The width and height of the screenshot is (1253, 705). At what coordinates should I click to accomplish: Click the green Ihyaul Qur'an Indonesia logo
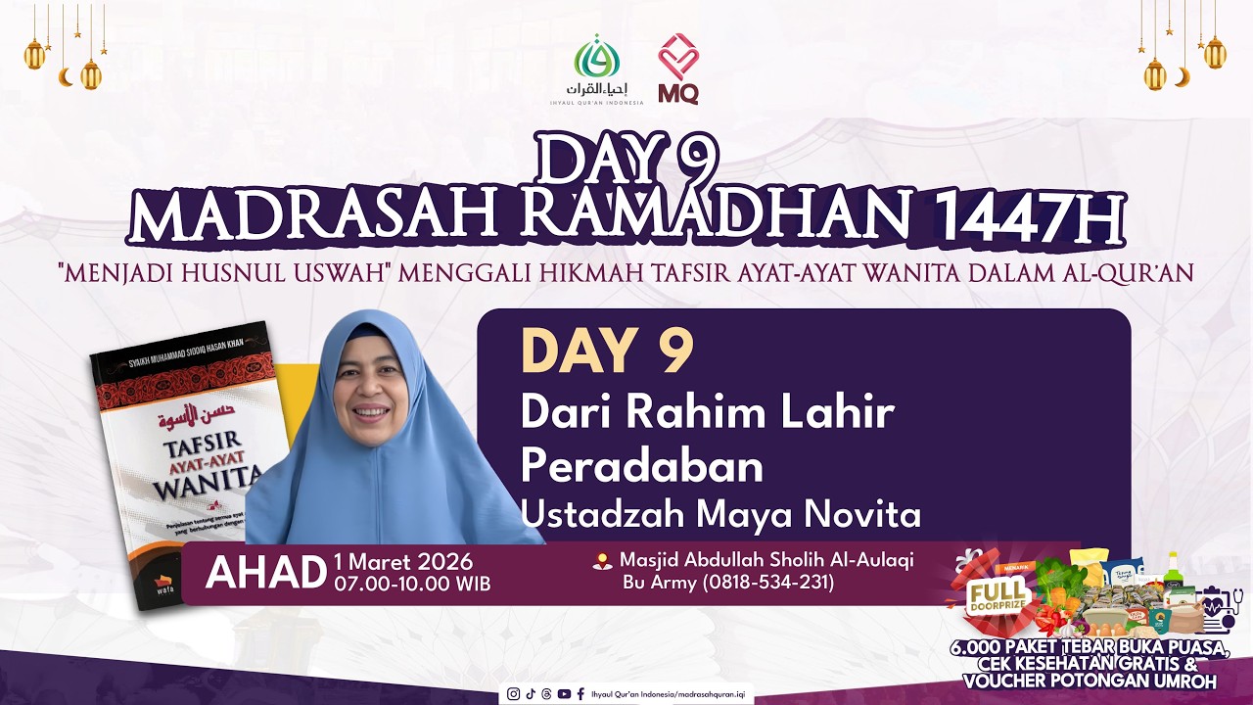pyautogui.click(x=596, y=61)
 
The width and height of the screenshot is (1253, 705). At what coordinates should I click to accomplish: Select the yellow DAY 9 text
pyautogui.click(x=607, y=352)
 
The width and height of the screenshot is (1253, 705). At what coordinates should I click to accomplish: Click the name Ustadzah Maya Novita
pyautogui.click(x=720, y=513)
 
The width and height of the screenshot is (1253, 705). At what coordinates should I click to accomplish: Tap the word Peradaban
pyautogui.click(x=641, y=466)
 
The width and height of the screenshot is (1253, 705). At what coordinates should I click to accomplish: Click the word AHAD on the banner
pyautogui.click(x=265, y=573)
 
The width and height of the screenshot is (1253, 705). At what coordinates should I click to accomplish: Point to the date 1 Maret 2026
pyautogui.click(x=403, y=563)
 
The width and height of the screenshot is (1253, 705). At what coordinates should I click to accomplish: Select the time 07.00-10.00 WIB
pyautogui.click(x=412, y=585)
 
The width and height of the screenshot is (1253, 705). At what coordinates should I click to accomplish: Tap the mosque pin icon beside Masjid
pyautogui.click(x=603, y=561)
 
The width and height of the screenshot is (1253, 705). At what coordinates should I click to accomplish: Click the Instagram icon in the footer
pyautogui.click(x=514, y=694)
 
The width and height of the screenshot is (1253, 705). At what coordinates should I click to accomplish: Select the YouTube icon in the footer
pyautogui.click(x=564, y=694)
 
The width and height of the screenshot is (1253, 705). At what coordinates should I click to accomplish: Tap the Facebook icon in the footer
pyautogui.click(x=580, y=694)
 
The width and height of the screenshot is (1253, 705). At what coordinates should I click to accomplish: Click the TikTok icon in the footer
pyautogui.click(x=531, y=694)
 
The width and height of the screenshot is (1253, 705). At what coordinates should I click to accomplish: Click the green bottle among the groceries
pyautogui.click(x=1172, y=571)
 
